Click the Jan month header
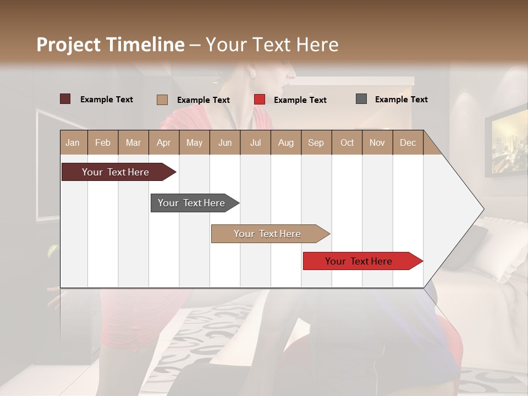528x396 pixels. point(73,142)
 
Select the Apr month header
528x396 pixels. point(163,142)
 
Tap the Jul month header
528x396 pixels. point(255,142)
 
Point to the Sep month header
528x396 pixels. point(316,142)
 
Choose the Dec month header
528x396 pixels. point(408,142)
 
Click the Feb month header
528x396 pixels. point(103,142)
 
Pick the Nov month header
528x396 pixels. point(377,142)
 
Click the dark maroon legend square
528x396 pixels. point(65,99)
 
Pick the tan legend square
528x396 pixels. point(162,100)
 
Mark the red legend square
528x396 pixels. point(260,100)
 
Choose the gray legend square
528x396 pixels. point(361,99)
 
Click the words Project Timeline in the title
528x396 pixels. point(111,45)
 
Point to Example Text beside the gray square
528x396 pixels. point(401,100)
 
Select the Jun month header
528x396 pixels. point(225,142)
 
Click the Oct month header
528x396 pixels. point(347,142)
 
